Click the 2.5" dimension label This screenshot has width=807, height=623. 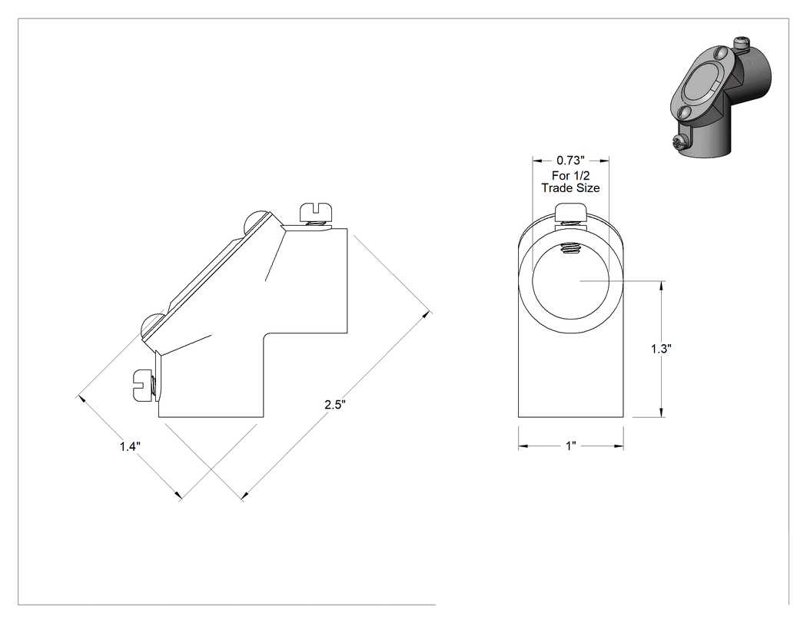(x=334, y=404)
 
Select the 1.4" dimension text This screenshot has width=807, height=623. (x=130, y=446)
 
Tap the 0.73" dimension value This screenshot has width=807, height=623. (x=571, y=160)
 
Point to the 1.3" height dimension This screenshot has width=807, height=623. (x=661, y=349)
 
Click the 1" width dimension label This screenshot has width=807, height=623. (x=571, y=446)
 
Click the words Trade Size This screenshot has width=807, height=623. (x=571, y=188)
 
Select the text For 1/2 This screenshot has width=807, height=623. (x=571, y=175)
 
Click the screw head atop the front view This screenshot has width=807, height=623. (x=571, y=211)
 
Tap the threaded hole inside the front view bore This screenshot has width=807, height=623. (x=570, y=249)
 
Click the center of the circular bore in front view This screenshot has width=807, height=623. (x=571, y=281)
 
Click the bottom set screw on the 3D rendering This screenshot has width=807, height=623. (x=679, y=142)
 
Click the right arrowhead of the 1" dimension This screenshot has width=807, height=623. (x=619, y=446)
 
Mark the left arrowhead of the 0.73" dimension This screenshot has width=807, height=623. (x=537, y=160)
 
